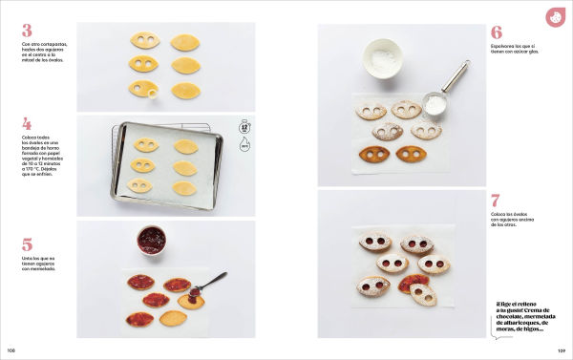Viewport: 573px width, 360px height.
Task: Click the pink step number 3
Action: tap(27, 31)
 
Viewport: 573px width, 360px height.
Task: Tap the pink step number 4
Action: tap(27, 124)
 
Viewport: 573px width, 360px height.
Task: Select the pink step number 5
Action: tap(27, 244)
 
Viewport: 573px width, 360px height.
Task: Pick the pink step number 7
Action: tap(496, 201)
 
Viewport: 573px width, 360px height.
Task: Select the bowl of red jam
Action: tap(151, 240)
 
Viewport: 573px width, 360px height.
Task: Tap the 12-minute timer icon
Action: tap(244, 126)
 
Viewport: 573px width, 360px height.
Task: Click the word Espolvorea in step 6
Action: tap(504, 47)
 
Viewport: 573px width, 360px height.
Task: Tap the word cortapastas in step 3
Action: tap(52, 44)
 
